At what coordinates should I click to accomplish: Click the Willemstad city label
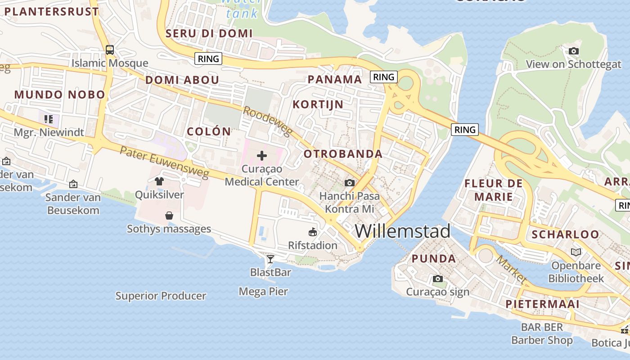402,231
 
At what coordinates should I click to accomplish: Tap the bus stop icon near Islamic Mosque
110,49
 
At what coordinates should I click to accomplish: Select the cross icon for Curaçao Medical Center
261,156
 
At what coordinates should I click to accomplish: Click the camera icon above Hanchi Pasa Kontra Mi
349,183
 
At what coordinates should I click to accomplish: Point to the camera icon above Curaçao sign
437,279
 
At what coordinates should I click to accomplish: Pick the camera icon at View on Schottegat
573,51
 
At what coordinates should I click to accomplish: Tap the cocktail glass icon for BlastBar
270,259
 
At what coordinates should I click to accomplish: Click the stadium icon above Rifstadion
312,232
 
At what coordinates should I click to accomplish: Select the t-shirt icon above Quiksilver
159,181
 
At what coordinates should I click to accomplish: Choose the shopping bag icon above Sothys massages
169,216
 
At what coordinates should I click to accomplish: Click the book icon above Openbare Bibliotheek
576,252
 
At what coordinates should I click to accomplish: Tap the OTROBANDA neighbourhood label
343,154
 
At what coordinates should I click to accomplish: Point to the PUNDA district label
434,259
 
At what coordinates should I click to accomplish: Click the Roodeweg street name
267,121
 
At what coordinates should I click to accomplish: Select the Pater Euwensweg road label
164,161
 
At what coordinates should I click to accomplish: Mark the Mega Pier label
263,292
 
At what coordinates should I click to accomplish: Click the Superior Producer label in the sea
161,296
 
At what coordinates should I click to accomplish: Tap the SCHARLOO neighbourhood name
565,234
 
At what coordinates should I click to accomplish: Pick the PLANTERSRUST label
51,12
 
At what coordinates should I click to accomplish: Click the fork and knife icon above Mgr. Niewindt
49,119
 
